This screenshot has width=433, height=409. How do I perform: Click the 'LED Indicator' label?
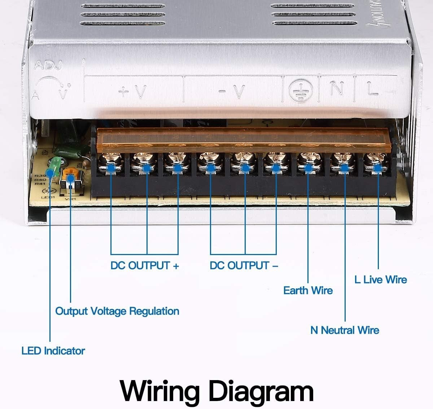click(53, 350)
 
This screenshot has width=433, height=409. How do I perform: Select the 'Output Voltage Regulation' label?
click(117, 311)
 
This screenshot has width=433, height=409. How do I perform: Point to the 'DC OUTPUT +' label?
click(145, 266)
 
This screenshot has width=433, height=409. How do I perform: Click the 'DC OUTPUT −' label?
click(244, 266)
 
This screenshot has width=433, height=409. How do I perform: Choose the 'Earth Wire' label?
click(308, 290)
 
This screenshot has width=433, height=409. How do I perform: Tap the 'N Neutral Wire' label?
click(345, 330)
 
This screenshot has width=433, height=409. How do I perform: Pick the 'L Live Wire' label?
click(380, 280)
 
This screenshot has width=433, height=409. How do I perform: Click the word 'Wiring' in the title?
click(159, 390)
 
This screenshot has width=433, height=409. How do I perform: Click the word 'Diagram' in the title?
click(261, 390)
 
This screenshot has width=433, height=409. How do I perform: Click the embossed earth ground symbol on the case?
click(299, 90)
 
